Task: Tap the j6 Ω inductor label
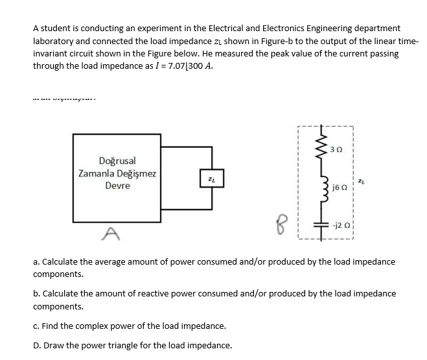coord(337,187)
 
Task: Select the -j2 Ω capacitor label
coord(340,226)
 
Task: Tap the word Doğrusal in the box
coord(117,160)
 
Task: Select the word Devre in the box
coord(117,186)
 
